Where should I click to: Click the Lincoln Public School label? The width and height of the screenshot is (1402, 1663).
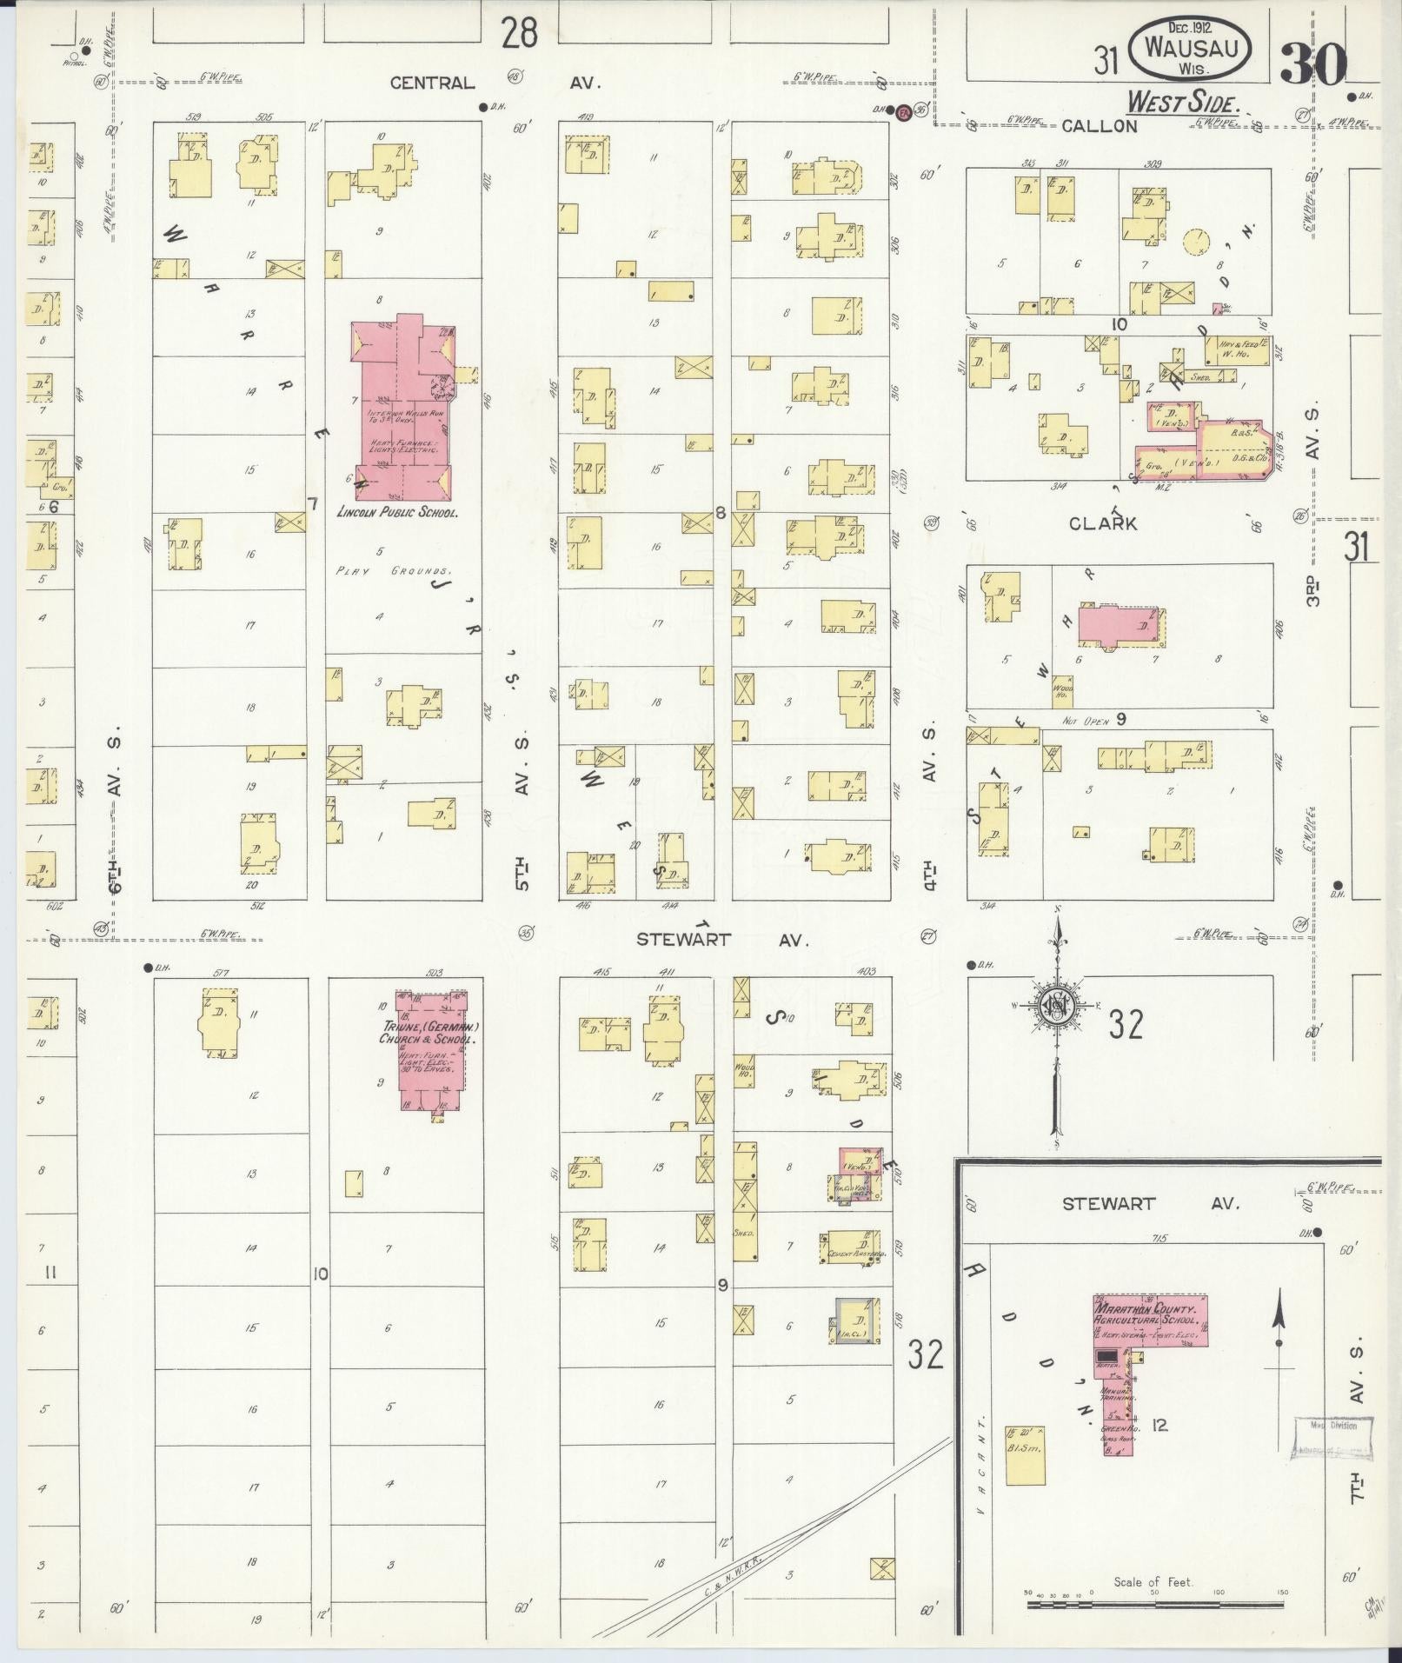coord(397,513)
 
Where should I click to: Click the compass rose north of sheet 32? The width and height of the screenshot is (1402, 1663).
coord(1058,1006)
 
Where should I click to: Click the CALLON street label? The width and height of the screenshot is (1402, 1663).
coord(1099,126)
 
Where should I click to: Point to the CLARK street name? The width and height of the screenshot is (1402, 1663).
coord(1103,523)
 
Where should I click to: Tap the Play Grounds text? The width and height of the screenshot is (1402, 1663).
coord(394,572)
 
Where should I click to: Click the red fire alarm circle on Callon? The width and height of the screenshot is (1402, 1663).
coord(903,111)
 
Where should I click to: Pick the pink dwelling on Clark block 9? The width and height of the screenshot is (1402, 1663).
coord(1121,626)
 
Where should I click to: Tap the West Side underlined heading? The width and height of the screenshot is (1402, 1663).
coord(1182,103)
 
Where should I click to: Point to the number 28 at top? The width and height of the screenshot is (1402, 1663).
coord(518,33)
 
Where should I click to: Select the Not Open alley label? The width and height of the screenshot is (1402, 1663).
coord(1084,722)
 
